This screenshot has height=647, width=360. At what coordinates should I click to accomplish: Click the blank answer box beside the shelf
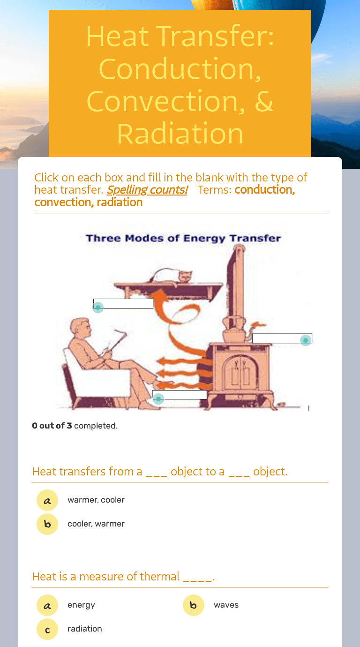[123, 303]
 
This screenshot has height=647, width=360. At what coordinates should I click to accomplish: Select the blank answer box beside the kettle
[282, 338]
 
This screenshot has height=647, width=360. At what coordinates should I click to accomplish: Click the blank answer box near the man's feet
[180, 395]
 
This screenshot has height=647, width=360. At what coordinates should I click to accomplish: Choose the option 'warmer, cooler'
[96, 500]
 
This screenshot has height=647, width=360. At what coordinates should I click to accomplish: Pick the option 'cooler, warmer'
[96, 524]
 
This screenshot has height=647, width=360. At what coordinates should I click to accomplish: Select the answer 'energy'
[81, 605]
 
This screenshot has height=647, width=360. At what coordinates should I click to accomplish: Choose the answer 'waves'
[226, 605]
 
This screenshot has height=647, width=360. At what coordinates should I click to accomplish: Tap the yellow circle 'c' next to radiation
[47, 629]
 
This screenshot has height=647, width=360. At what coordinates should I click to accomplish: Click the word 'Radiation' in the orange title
[180, 134]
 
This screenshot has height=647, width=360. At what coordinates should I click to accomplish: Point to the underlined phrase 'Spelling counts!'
[147, 190]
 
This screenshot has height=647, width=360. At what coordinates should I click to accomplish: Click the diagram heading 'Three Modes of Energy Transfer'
[183, 238]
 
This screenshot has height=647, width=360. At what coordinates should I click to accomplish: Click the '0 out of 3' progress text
[52, 426]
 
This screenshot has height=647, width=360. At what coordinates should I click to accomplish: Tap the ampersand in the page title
[264, 101]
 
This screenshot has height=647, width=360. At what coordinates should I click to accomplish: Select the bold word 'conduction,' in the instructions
[265, 190]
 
